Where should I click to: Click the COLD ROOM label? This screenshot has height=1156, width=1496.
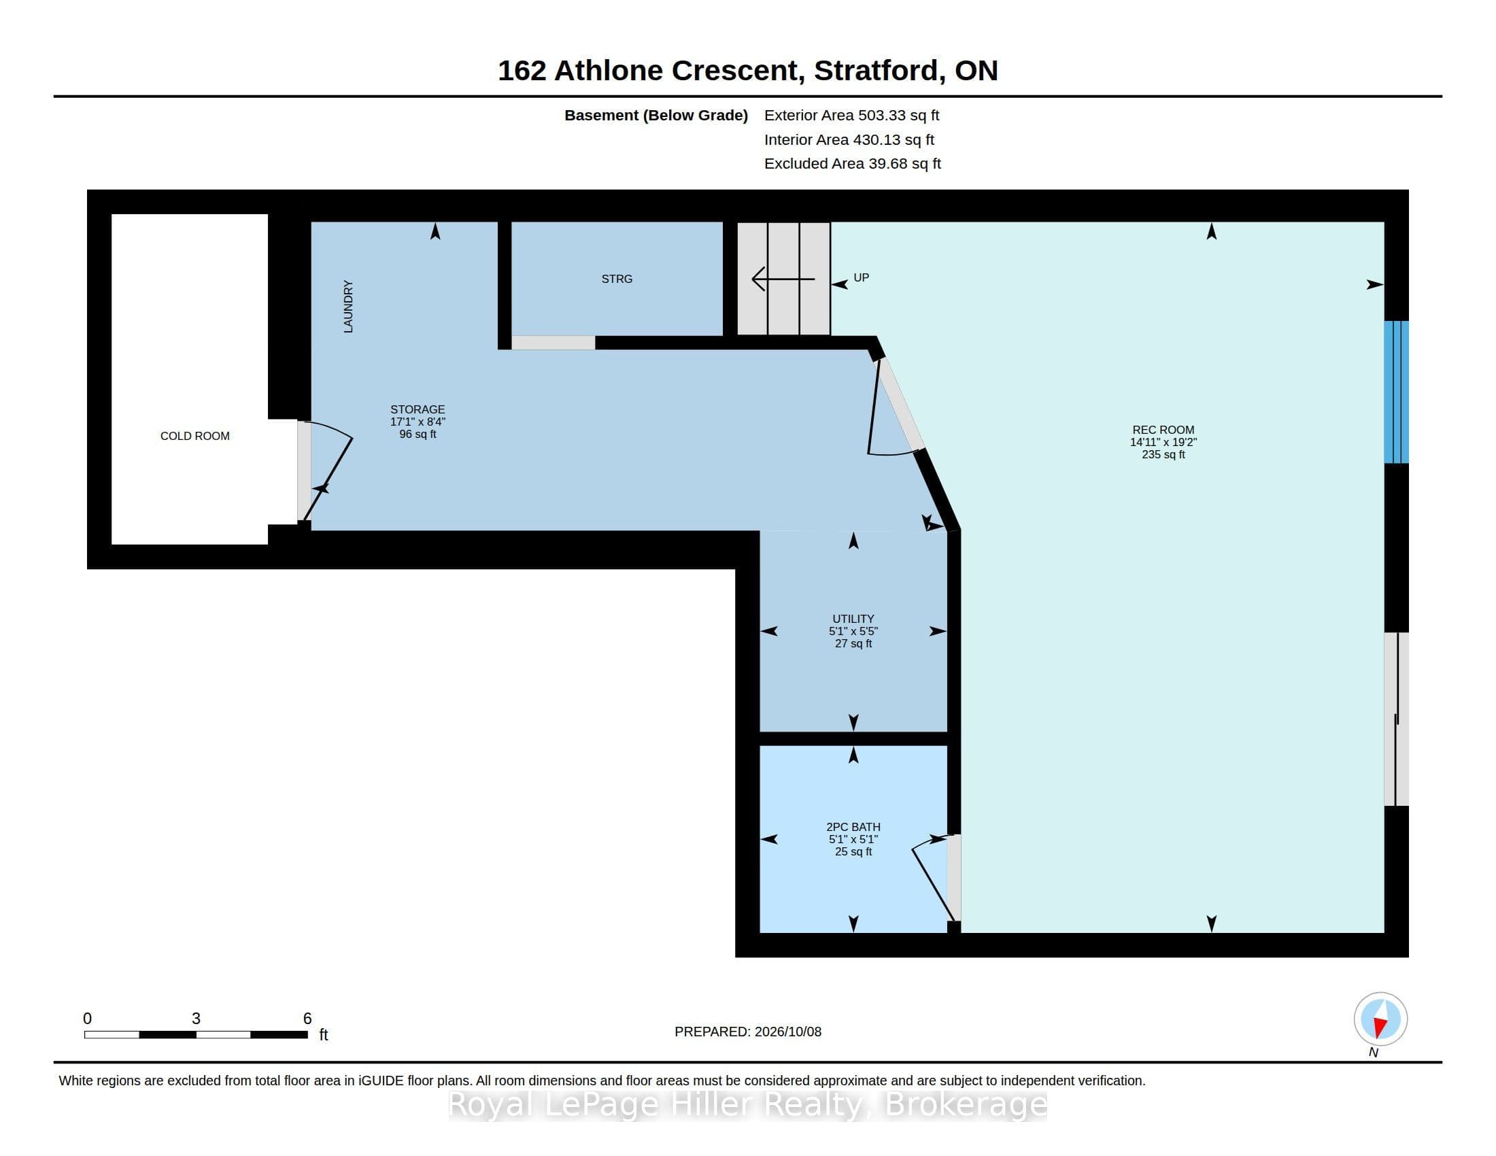pyautogui.click(x=194, y=437)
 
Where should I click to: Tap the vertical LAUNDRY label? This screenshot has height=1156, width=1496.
pyautogui.click(x=348, y=307)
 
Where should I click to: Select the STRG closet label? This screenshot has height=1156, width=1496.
pyautogui.click(x=617, y=279)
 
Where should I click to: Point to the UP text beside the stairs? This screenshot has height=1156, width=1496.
pyautogui.click(x=861, y=277)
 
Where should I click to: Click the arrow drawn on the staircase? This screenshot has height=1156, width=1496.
pyautogui.click(x=783, y=279)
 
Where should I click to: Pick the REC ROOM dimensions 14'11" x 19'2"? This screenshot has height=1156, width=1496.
pyautogui.click(x=1163, y=443)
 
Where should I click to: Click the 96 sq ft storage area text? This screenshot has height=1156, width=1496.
pyautogui.click(x=418, y=435)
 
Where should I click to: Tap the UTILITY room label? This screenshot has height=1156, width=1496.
pyautogui.click(x=853, y=618)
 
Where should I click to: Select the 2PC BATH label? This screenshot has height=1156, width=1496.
pyautogui.click(x=853, y=827)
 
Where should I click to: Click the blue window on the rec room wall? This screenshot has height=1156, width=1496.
pyautogui.click(x=1396, y=392)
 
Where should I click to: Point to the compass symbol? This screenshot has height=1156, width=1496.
pyautogui.click(x=1380, y=1019)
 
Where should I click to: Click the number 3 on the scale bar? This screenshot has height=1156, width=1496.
pyautogui.click(x=196, y=1019)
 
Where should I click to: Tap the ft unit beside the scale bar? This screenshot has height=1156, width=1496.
pyautogui.click(x=323, y=1035)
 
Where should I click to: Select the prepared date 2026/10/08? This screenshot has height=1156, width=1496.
pyautogui.click(x=787, y=1032)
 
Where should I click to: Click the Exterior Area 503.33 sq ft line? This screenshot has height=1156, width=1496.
pyautogui.click(x=851, y=115)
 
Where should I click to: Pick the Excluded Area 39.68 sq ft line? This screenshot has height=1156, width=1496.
pyautogui.click(x=852, y=164)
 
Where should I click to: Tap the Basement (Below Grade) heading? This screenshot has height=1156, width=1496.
pyautogui.click(x=656, y=115)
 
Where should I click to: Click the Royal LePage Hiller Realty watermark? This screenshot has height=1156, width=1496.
pyautogui.click(x=747, y=1104)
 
